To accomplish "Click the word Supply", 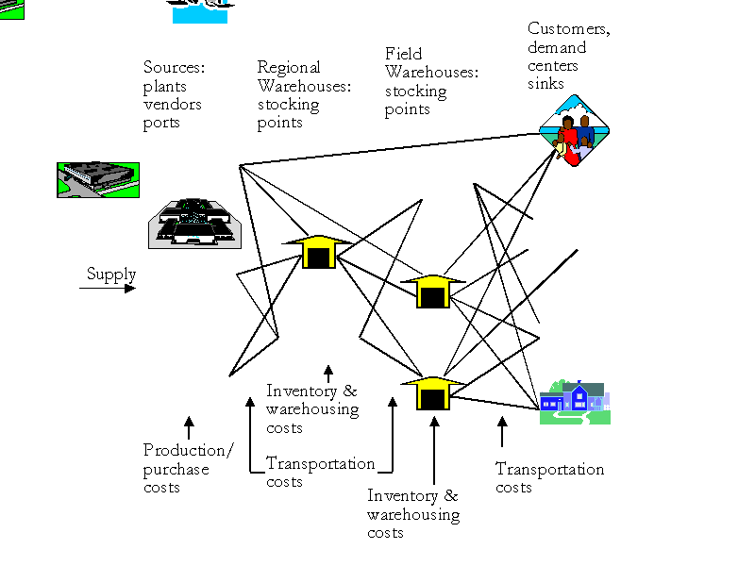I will [x=111, y=275].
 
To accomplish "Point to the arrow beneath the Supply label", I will [x=108, y=288].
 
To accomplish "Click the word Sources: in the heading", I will [x=175, y=68].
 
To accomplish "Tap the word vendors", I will [x=173, y=104].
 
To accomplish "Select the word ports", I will [x=161, y=123].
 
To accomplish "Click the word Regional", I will [x=289, y=68].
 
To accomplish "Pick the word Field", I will [x=404, y=54].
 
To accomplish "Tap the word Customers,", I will [x=569, y=29].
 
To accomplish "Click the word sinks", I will [x=545, y=84].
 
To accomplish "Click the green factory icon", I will [x=98, y=179].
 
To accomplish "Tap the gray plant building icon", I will [x=194, y=224].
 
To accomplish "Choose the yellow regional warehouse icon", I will [x=318, y=252].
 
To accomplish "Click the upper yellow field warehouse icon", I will [x=432, y=291].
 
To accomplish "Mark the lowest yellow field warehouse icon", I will [x=432, y=392].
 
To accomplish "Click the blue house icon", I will [x=575, y=403].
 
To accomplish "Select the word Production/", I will [x=188, y=450].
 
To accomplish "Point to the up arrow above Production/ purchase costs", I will [x=189, y=427].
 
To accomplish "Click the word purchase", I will [x=176, y=469].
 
